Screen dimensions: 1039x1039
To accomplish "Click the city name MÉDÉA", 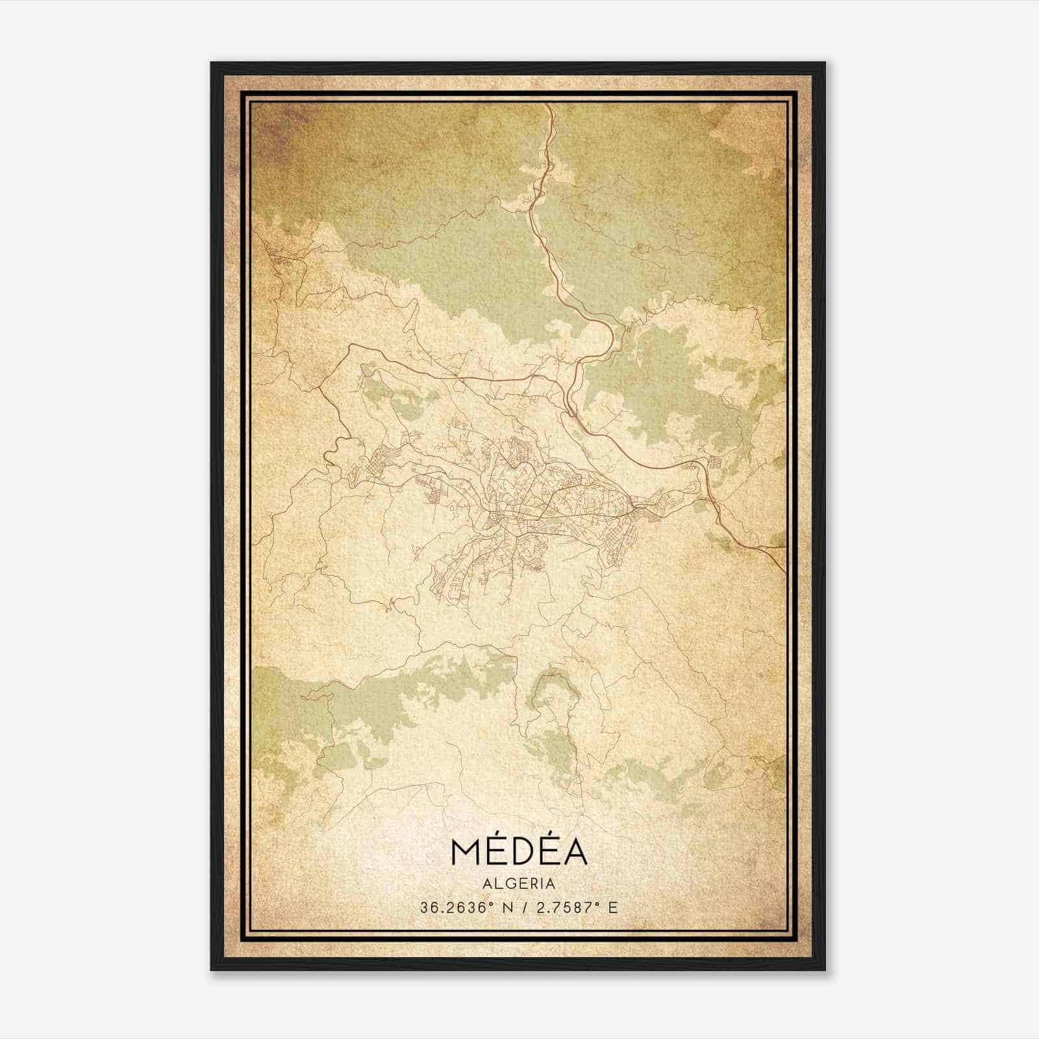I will coord(518,853).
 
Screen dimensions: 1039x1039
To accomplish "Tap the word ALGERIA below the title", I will coord(518,884).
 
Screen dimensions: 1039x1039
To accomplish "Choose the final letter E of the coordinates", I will coord(613,908).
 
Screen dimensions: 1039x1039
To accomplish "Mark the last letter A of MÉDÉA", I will coord(575,853).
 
